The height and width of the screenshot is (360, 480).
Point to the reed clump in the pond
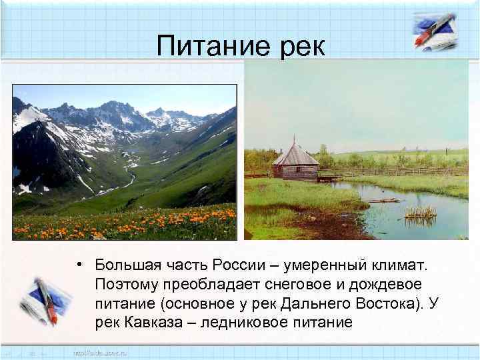click(419, 213)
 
